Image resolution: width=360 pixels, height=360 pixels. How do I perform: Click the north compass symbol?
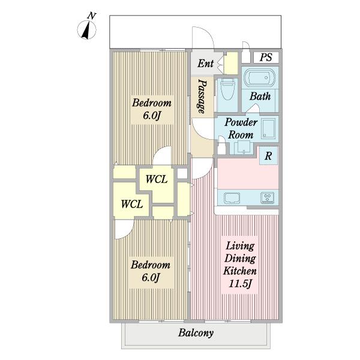coord(87,29)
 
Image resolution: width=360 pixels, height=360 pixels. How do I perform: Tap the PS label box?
coord(266,57)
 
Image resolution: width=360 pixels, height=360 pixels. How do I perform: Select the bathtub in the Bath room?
coord(259,77)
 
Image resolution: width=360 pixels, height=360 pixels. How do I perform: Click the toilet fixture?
coord(227,89)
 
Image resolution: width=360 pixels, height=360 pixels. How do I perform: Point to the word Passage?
coord(202,97)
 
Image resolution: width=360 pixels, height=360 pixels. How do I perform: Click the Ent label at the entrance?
coord(205,64)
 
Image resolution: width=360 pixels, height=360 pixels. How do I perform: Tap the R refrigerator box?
coord(268,155)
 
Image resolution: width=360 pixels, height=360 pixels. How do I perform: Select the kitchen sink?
coord(232,198)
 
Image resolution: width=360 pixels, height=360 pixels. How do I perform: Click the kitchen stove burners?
coord(267,198)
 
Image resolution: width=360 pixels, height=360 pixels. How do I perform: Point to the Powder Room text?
coord(241,128)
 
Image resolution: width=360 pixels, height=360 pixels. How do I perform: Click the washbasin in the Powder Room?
coord(269,128)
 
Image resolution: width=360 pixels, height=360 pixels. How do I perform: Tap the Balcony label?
coord(196,332)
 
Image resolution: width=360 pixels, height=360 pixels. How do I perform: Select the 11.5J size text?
coord(240,284)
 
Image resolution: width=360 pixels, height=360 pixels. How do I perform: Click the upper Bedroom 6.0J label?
coord(152,109)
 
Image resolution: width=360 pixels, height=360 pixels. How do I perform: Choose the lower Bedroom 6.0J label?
coord(151,271)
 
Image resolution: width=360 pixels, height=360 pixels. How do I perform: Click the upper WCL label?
coord(157,179)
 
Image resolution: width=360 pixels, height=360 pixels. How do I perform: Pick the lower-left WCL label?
coord(132,204)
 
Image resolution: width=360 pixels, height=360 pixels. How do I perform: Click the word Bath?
coord(260,96)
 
